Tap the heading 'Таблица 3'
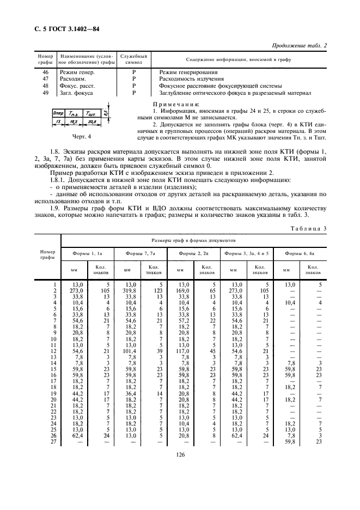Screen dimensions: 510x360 coord(307,228)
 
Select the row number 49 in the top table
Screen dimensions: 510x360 coord(45,93)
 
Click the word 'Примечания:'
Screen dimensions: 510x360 coord(168,104)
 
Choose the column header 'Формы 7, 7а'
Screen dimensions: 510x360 coord(140,253)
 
